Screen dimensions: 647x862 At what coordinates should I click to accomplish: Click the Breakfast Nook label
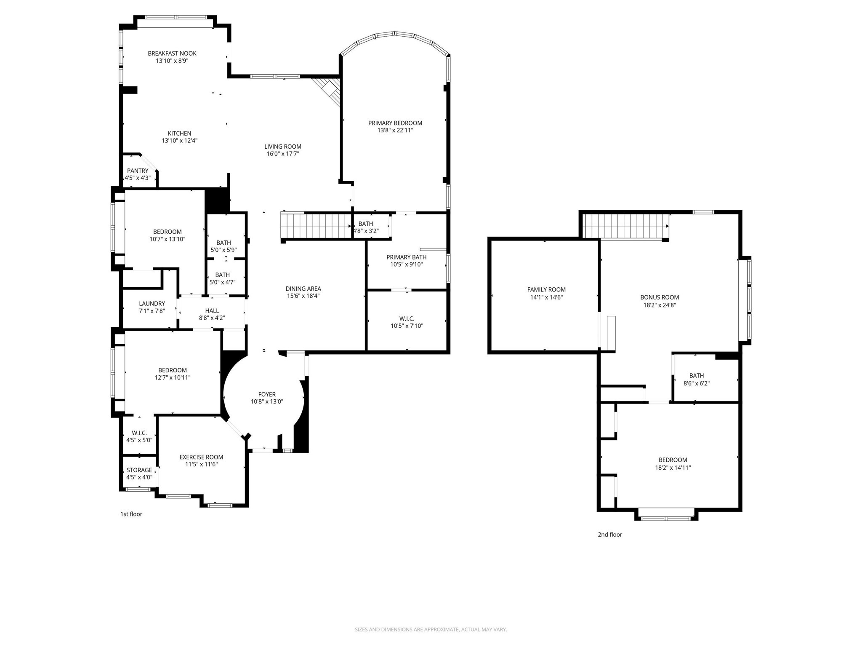tap(172, 53)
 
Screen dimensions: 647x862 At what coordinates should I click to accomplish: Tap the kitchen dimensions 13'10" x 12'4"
tap(179, 141)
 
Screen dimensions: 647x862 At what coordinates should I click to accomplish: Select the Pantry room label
tap(138, 171)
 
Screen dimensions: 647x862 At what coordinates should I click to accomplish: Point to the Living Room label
tap(282, 147)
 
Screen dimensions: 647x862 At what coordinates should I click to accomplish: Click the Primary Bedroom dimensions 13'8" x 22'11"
tap(395, 130)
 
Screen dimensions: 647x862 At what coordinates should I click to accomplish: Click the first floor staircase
tap(316, 226)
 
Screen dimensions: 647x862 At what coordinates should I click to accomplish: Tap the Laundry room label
tap(152, 303)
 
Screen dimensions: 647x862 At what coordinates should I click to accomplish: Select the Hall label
tap(212, 310)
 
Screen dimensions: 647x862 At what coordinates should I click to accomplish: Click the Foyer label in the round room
tap(267, 394)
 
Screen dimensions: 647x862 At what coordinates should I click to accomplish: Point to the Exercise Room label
tap(201, 457)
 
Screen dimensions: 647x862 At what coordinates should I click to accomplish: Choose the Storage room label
tap(139, 470)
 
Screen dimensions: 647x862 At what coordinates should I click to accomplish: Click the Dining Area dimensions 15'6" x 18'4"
tap(303, 296)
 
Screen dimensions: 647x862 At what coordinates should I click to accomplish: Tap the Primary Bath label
tap(406, 257)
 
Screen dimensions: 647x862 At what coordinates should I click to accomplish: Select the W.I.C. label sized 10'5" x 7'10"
tap(407, 318)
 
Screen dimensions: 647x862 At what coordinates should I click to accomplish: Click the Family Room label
tap(546, 289)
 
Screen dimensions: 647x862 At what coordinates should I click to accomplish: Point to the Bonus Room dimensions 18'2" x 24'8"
tap(659, 305)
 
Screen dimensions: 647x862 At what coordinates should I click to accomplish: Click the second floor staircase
tap(625, 226)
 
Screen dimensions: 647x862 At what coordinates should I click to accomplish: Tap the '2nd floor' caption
tap(609, 535)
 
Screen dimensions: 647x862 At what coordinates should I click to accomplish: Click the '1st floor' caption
tap(131, 514)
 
